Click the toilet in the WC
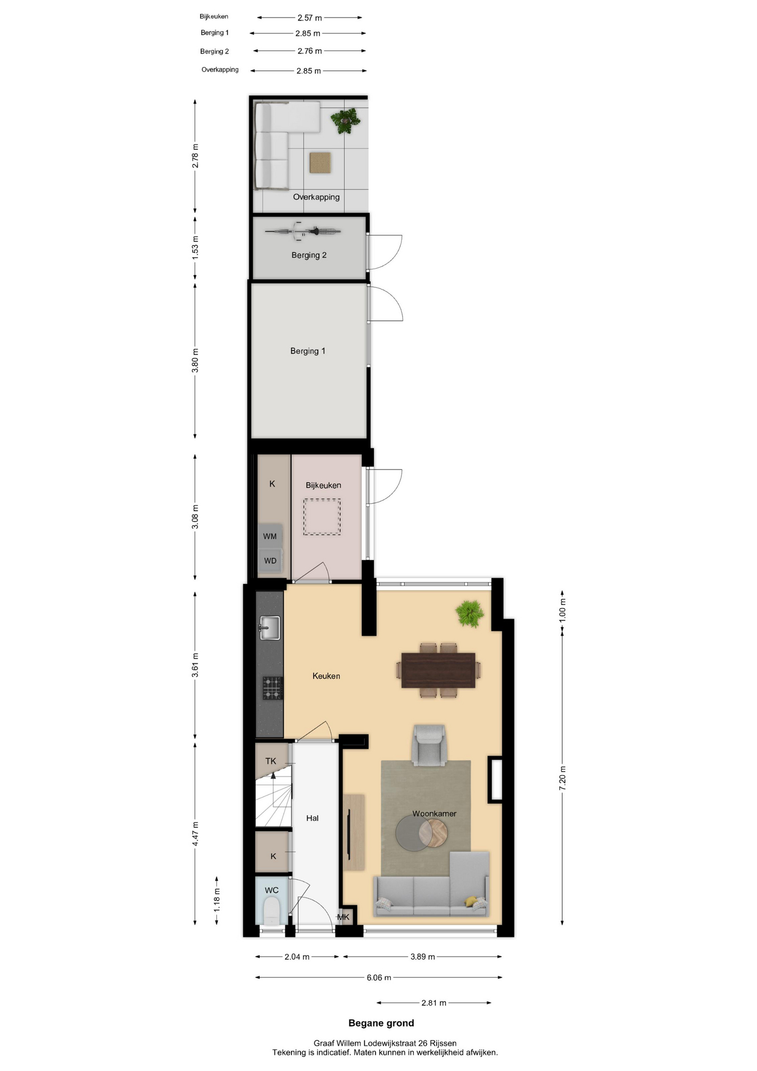(271, 911)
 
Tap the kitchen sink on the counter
(270, 628)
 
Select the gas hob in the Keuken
(273, 688)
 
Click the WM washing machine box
(270, 536)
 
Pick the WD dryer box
(270, 561)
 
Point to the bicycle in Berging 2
(303, 231)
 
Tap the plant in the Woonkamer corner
(469, 614)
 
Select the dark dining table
(438, 670)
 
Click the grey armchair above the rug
(429, 745)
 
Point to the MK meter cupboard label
(343, 917)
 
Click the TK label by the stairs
(271, 761)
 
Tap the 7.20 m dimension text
(562, 778)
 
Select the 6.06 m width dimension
(379, 977)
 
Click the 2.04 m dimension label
(297, 957)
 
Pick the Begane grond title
(381, 1023)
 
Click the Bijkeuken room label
(323, 485)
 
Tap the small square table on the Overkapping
(321, 162)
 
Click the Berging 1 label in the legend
(215, 33)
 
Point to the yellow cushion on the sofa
(472, 901)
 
